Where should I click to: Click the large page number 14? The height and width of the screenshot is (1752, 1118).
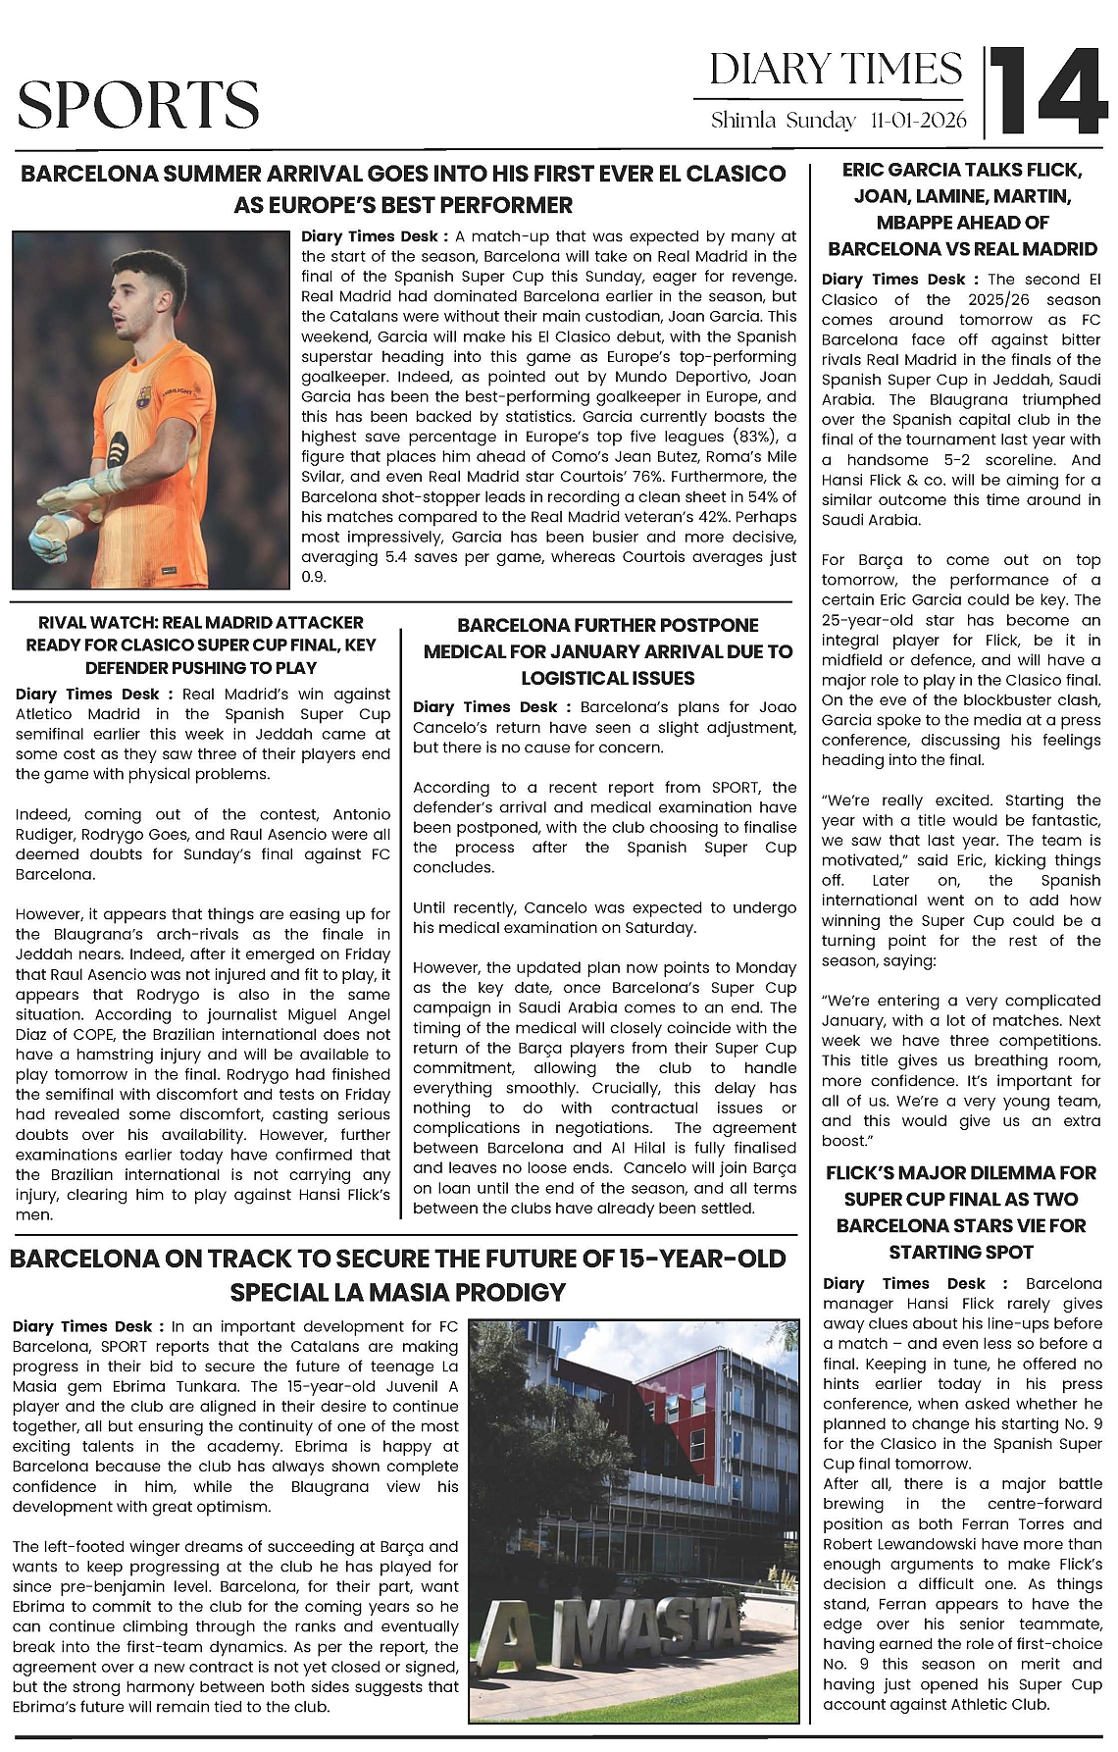(1046, 91)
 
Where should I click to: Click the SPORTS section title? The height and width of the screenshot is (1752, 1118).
(138, 105)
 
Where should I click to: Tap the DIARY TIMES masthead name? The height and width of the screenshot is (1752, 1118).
(836, 70)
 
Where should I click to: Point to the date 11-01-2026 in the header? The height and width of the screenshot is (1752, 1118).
(917, 121)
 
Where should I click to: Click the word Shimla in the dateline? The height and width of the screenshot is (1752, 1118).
(743, 121)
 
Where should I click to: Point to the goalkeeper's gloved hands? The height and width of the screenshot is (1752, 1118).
(69, 510)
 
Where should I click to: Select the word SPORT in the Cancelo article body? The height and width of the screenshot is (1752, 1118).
(737, 787)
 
